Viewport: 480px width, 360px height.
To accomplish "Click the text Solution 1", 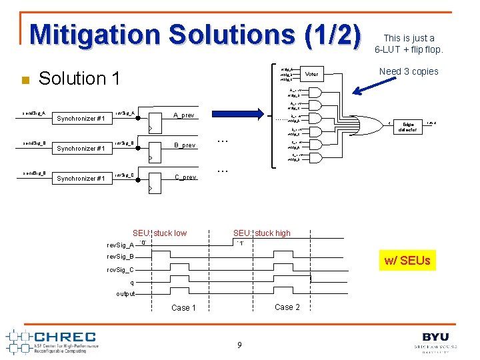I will pyautogui.click(x=79, y=79).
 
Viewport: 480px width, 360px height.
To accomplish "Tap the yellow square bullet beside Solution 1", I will pyautogui.click(x=25, y=81).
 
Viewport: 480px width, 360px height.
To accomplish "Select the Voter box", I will pyautogui.click(x=311, y=73).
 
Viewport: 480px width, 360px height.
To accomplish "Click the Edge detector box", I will pyautogui.click(x=407, y=127).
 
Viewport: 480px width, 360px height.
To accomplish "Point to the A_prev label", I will pyautogui.click(x=184, y=115).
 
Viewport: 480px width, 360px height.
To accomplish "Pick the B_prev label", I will pyautogui.click(x=185, y=145).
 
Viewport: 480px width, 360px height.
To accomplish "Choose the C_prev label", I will pyautogui.click(x=185, y=177).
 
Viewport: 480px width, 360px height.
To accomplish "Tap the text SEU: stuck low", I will pyautogui.click(x=159, y=233).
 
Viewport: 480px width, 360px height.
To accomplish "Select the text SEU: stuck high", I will pyautogui.click(x=261, y=233).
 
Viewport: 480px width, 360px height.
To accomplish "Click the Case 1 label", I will pyautogui.click(x=183, y=308).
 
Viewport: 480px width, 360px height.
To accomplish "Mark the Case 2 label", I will pyautogui.click(x=287, y=307).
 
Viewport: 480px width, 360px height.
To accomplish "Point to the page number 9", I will pyautogui.click(x=239, y=345).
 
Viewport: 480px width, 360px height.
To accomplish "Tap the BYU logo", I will pyautogui.click(x=435, y=341).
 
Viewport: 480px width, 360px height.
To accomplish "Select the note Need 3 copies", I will pyautogui.click(x=409, y=71).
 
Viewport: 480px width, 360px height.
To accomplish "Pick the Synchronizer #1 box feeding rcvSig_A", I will pyautogui.click(x=81, y=119).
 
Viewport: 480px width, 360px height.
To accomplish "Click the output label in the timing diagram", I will pyautogui.click(x=125, y=294).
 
